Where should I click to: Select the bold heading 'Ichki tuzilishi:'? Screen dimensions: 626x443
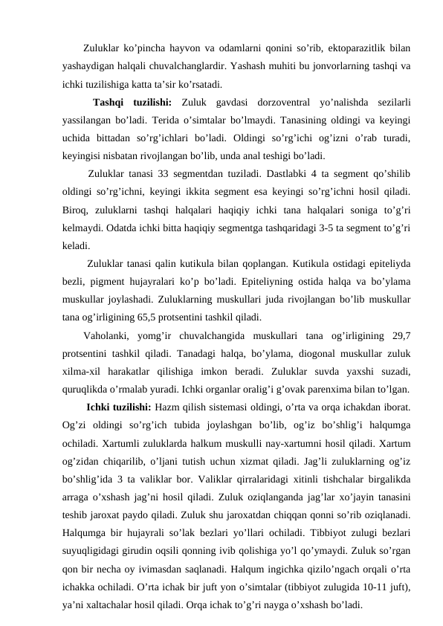click(119, 407)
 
